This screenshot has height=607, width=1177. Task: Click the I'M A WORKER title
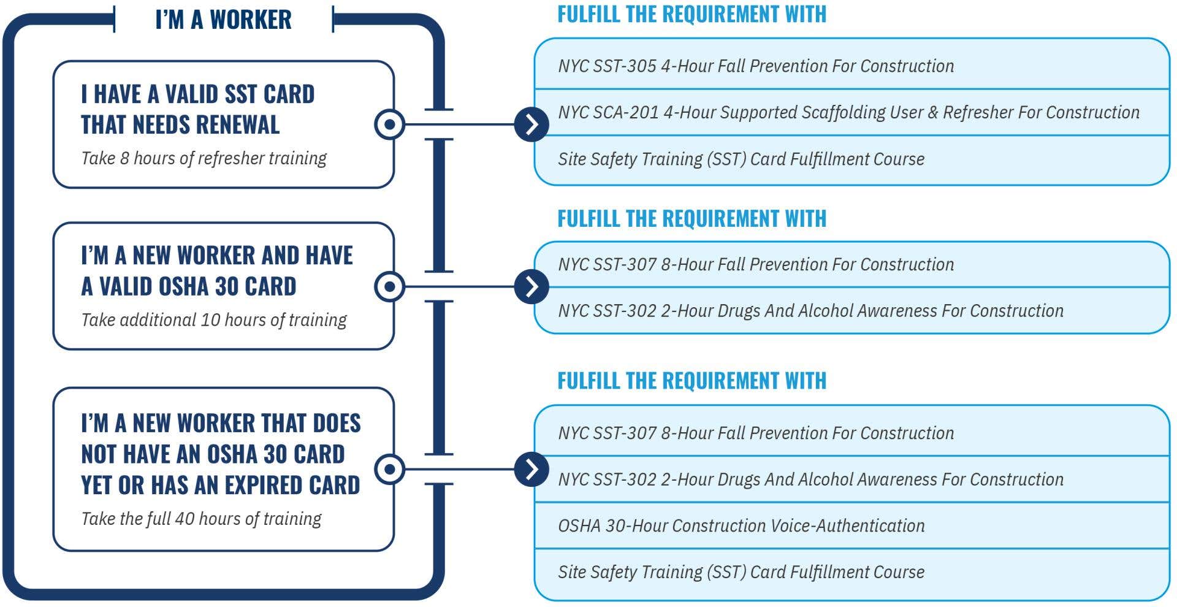tap(223, 20)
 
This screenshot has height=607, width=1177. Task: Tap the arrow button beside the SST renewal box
tap(531, 124)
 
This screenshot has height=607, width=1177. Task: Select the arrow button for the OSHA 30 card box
tap(531, 286)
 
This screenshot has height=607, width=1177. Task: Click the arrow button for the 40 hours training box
tap(531, 470)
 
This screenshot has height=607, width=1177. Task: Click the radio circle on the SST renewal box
tap(389, 124)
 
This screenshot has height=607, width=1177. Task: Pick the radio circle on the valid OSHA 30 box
tap(389, 286)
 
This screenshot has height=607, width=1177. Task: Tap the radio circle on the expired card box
tap(389, 470)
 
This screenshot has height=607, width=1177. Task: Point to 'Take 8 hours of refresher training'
tap(204, 158)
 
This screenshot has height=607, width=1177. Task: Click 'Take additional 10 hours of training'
tap(214, 320)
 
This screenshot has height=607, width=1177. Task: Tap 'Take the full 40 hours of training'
tap(201, 519)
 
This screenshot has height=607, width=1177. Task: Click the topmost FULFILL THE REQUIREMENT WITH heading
tap(691, 14)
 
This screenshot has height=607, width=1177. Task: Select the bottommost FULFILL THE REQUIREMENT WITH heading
tap(691, 381)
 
